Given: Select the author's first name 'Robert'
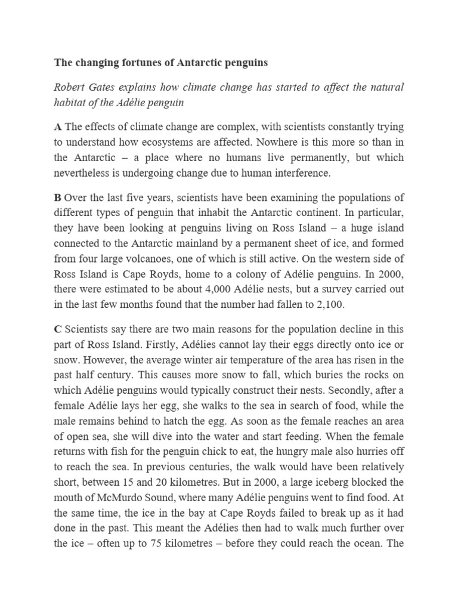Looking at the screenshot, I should click(70, 88).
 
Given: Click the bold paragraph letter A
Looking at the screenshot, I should click(58, 126).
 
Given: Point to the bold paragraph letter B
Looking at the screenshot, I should click(58, 198).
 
